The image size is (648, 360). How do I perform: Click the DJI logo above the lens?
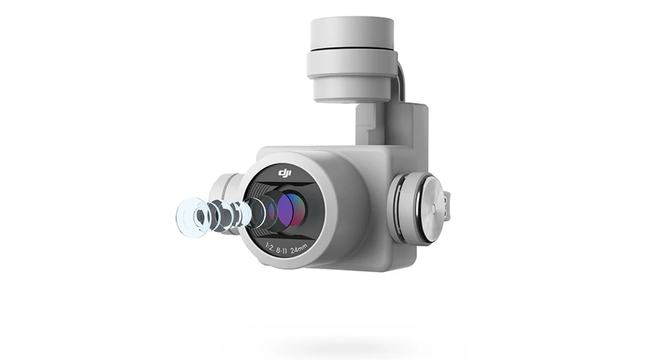click(x=284, y=173)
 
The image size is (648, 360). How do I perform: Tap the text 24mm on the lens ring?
click(x=300, y=249)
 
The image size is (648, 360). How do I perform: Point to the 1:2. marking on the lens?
click(x=269, y=247)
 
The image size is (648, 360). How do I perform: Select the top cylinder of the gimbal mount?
click(x=351, y=33)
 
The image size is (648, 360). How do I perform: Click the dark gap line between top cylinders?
click(x=351, y=50)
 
